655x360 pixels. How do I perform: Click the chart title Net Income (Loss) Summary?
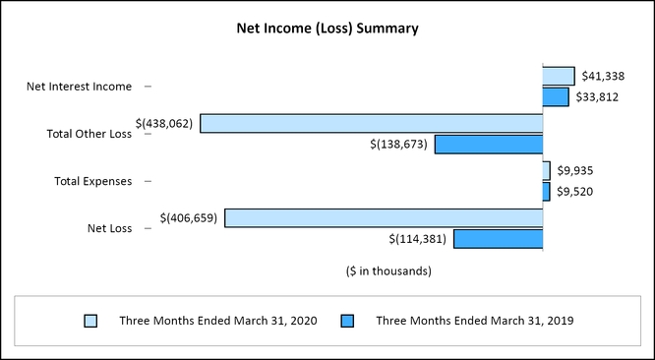[x=327, y=29]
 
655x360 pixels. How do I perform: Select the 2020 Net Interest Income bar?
[x=559, y=76]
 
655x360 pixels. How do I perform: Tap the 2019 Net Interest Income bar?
[x=556, y=96]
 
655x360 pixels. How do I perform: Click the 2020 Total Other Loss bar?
[x=372, y=123]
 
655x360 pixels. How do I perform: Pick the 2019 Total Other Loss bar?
[x=489, y=145]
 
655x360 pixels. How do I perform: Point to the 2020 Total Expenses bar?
[x=547, y=170]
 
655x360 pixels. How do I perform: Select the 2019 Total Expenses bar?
[x=547, y=191]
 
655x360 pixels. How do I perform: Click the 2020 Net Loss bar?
[x=384, y=217]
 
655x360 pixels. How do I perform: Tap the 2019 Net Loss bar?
[x=498, y=238]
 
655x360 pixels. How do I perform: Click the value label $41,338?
[x=600, y=76]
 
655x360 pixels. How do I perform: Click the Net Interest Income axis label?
[x=79, y=87]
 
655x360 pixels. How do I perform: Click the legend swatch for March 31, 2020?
[x=91, y=321]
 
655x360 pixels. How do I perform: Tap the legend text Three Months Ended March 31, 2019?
[x=475, y=321]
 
